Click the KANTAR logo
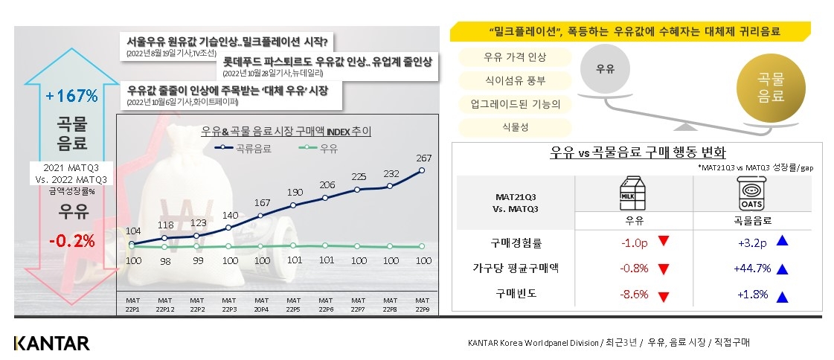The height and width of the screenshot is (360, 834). point(51,343)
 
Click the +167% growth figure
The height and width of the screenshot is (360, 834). point(71,96)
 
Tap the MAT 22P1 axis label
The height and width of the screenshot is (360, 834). point(132,305)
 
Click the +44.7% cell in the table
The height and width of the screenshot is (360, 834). point(753,268)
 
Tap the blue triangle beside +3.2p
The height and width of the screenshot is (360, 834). point(781,241)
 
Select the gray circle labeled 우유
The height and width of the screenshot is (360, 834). point(605,68)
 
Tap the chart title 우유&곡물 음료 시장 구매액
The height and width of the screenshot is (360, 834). point(286,132)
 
